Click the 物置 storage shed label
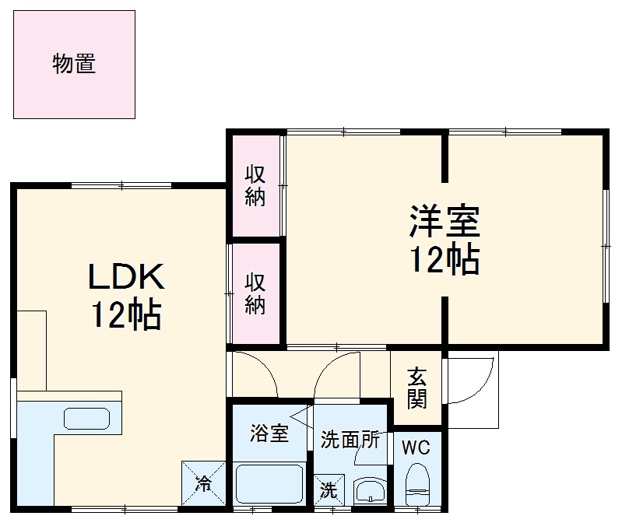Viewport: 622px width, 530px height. pos(75,64)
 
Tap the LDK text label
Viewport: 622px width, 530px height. pos(126,278)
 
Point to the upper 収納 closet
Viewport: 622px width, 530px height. pos(255,185)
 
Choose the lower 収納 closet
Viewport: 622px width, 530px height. pos(255,293)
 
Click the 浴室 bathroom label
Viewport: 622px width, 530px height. pos(269,433)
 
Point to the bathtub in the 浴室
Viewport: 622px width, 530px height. pos(269,485)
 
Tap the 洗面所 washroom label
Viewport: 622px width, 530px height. pos(350,440)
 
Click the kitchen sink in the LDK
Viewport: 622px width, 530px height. pos(87,419)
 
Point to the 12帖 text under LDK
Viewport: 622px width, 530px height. pos(126,315)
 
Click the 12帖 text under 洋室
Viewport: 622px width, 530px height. pos(445,261)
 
